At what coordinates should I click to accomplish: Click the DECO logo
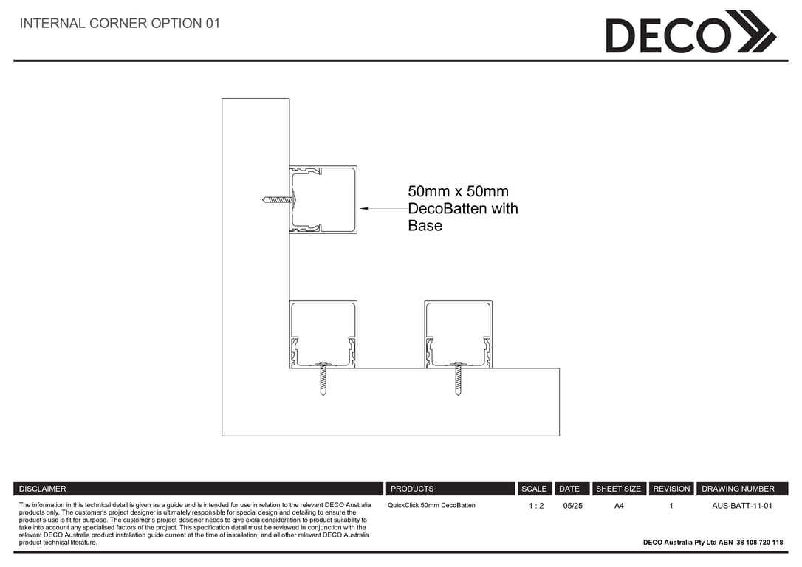[691, 32]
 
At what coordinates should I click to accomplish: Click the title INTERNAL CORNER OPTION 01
[120, 24]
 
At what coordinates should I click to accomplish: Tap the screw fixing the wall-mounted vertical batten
[279, 199]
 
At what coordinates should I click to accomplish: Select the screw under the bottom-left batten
[323, 378]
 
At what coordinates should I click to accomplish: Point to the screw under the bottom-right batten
[458, 378]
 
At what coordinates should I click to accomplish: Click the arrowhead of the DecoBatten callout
[364, 209]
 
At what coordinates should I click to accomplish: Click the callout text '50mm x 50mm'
[459, 192]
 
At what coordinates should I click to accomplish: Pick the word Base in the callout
[425, 225]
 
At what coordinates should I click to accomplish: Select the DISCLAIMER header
[42, 489]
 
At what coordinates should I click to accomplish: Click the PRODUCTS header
[412, 489]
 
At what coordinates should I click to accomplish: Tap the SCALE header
[534, 489]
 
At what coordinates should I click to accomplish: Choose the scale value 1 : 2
[536, 506]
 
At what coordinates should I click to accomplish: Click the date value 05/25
[573, 506]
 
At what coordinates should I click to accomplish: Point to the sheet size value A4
[619, 506]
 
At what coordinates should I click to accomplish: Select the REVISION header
[671, 489]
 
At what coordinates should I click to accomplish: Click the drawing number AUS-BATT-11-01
[742, 506]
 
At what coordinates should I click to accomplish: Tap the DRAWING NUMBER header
[738, 489]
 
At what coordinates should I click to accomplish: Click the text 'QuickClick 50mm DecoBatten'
[432, 505]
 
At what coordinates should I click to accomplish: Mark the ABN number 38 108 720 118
[760, 543]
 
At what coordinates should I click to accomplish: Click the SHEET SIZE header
[618, 489]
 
